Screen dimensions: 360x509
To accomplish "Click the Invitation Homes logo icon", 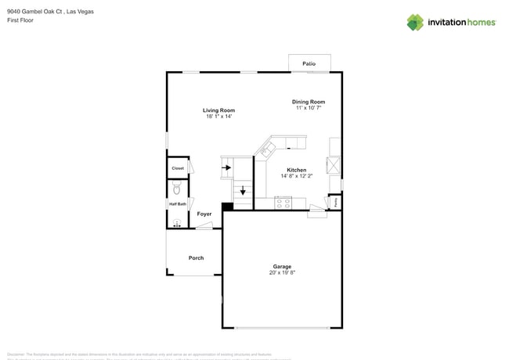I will [x=415, y=22].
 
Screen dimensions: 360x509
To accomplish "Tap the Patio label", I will [x=309, y=63].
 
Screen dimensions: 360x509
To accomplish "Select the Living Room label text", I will [x=218, y=110].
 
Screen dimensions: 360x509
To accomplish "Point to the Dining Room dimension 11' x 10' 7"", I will [x=308, y=108].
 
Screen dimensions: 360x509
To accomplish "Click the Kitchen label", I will [x=296, y=170].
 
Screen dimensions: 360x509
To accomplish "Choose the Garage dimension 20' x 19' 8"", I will [x=281, y=272].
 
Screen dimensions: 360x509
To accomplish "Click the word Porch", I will [x=196, y=257].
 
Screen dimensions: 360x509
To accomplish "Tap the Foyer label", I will [x=204, y=214].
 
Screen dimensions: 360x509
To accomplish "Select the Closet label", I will [x=178, y=168].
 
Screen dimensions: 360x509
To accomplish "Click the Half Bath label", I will [x=178, y=204].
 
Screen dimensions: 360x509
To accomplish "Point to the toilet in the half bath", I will [x=177, y=189].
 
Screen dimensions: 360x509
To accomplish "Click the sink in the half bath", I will [x=176, y=222].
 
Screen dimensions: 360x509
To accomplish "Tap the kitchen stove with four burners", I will [x=283, y=202].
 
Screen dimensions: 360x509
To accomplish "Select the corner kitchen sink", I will [x=269, y=148].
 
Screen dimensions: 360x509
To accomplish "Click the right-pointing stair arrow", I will [x=228, y=167].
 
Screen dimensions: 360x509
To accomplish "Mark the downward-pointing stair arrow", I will [x=243, y=190].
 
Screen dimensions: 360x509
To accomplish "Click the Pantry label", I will [x=335, y=201].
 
